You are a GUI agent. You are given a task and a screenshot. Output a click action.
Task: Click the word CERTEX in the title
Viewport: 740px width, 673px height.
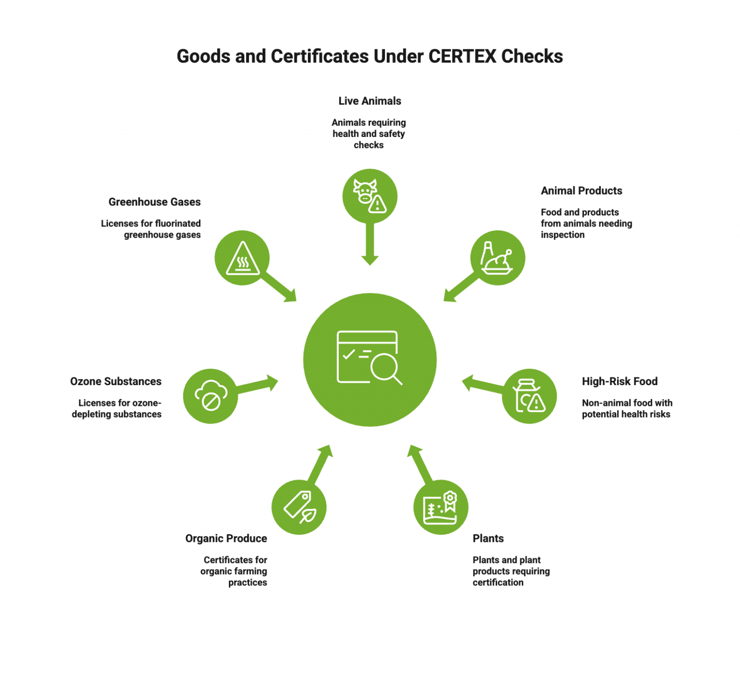(462, 56)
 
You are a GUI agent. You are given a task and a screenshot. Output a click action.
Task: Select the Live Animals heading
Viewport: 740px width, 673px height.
(370, 101)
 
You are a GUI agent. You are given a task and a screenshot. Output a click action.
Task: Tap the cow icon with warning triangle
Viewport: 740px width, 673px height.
(370, 196)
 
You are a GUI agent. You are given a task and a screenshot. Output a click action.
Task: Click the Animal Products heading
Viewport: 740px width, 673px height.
(581, 191)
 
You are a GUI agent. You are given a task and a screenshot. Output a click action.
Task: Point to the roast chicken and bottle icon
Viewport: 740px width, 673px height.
(497, 258)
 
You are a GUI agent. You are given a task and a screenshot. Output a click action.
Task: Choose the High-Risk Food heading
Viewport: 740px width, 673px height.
(619, 381)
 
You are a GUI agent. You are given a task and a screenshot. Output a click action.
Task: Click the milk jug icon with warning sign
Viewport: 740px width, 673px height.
(529, 396)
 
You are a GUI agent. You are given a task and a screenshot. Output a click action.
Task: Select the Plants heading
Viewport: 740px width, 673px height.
(488, 538)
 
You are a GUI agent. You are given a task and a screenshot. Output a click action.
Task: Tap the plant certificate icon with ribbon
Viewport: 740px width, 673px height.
(440, 507)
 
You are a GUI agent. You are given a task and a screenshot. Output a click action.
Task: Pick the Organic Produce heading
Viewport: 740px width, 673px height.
(226, 538)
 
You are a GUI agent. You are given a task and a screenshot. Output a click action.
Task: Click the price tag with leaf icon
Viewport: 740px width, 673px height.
(299, 507)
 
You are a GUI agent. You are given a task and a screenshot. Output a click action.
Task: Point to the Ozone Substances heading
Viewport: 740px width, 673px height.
(116, 381)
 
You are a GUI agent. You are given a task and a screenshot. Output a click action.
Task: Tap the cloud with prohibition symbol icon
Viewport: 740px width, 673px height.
(211, 396)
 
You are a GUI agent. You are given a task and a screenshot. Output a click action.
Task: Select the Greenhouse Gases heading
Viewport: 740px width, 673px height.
(154, 202)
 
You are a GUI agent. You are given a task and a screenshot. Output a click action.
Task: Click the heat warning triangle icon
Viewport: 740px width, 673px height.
(242, 258)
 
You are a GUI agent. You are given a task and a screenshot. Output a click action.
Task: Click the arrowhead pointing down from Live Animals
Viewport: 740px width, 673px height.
(370, 260)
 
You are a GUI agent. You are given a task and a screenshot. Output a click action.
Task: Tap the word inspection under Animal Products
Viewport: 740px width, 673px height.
(562, 235)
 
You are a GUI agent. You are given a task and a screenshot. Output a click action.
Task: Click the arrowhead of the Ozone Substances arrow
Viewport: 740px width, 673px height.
(273, 383)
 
